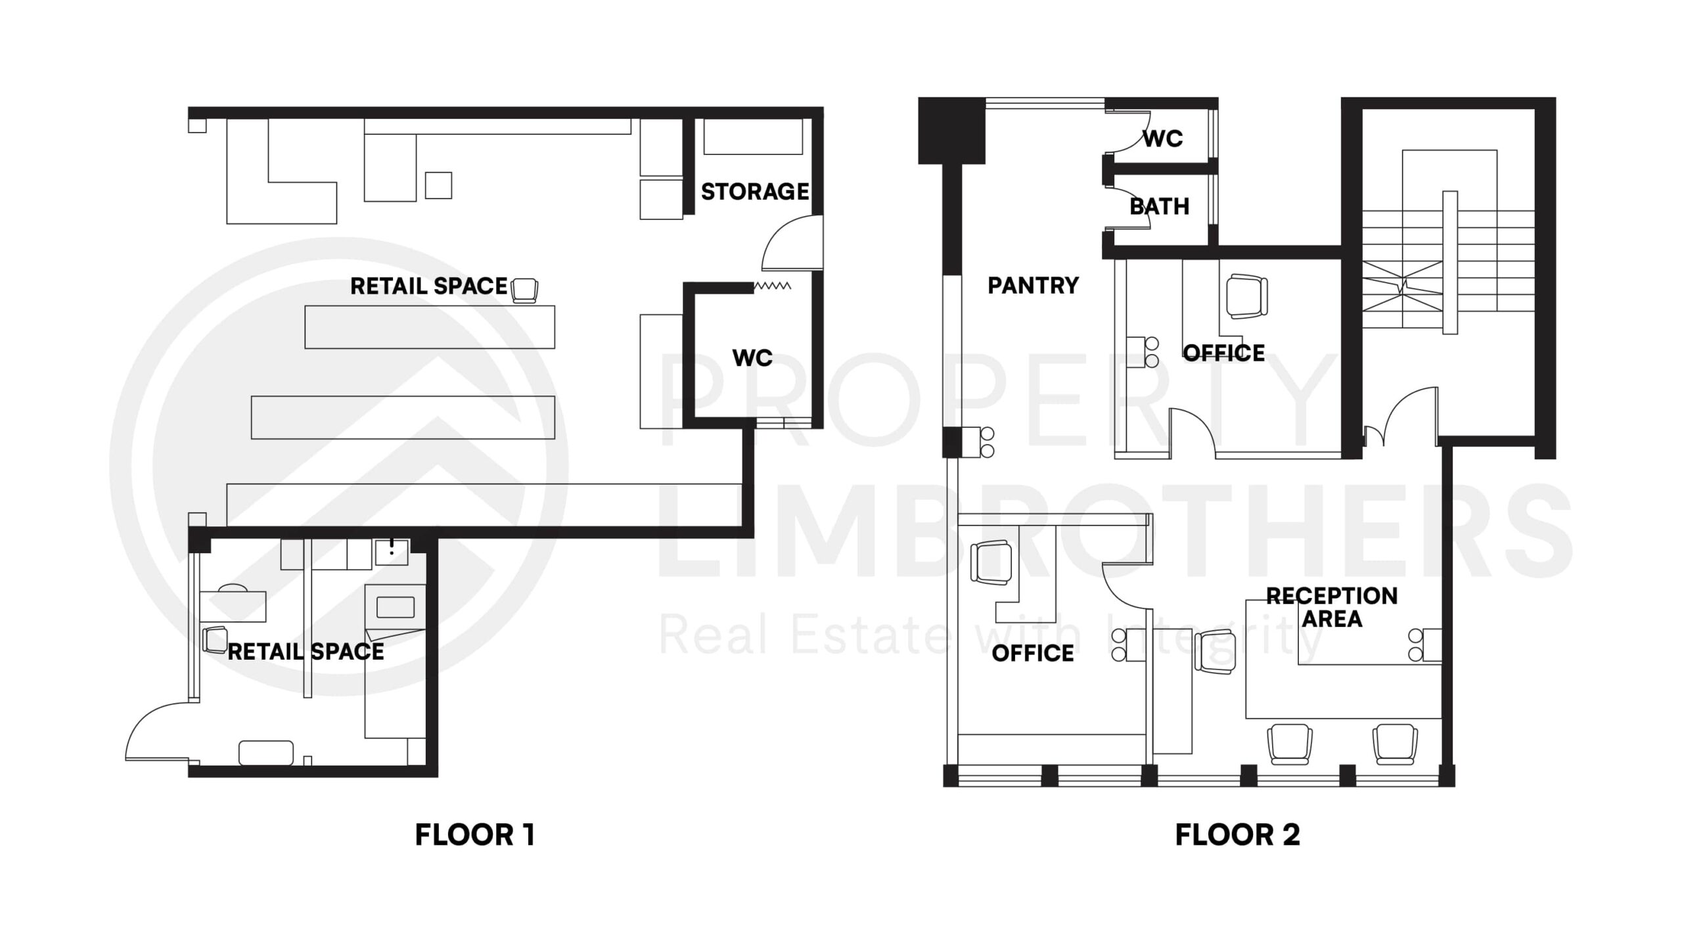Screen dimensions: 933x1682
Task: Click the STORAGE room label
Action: coord(754,192)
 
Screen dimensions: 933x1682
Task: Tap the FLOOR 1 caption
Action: coord(474,835)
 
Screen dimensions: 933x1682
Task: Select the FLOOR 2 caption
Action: coord(1237,835)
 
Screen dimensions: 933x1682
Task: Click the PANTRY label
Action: coord(1033,285)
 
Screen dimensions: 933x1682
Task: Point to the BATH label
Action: coord(1159,206)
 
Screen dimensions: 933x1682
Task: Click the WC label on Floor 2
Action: coord(1163,139)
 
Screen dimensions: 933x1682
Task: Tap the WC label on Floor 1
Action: coord(752,358)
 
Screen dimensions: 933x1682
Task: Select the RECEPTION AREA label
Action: coord(1332,607)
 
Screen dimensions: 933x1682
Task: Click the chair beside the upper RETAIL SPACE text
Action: coord(524,290)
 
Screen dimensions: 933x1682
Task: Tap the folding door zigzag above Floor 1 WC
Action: coord(771,286)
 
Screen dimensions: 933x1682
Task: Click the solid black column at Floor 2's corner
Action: coord(951,130)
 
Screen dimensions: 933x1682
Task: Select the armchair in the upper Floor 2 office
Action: coord(1246,297)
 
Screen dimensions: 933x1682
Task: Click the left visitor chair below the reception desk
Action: coord(1289,744)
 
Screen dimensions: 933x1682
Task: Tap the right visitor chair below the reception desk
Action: coord(1394,744)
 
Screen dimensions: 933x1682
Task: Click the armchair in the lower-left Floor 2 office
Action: coord(991,562)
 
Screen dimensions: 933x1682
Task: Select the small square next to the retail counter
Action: coord(438,185)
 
